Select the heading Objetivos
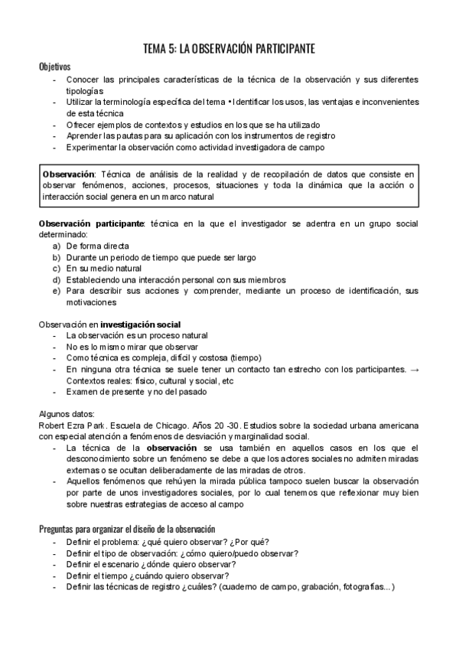(x=54, y=67)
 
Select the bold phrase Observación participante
(x=91, y=223)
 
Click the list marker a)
(x=57, y=246)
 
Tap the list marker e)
(x=57, y=292)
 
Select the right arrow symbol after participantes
(x=414, y=370)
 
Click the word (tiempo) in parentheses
(x=243, y=358)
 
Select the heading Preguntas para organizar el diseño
(x=126, y=529)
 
